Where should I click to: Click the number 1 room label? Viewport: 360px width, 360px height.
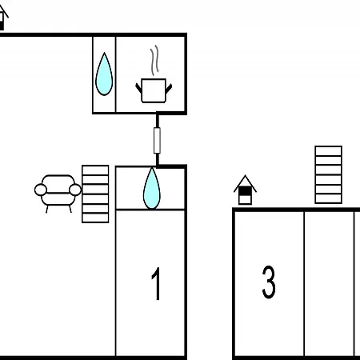click(157, 284)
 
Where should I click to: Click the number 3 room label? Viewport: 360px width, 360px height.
click(269, 282)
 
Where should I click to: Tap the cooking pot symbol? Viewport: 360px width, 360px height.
click(154, 90)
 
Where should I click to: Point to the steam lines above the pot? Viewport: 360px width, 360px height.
click(154, 60)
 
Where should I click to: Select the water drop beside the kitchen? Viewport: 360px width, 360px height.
click(104, 74)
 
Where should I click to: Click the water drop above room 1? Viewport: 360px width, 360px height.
click(152, 188)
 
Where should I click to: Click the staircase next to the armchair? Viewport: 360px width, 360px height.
click(95, 194)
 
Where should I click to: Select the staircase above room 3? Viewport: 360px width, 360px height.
click(328, 174)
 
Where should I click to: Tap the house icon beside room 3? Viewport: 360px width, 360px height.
click(245, 190)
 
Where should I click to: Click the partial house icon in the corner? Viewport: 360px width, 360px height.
click(2, 18)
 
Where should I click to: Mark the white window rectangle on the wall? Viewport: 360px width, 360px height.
click(157, 140)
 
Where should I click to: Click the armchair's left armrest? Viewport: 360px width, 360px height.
click(41, 190)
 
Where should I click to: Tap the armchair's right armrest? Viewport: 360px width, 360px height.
click(75, 190)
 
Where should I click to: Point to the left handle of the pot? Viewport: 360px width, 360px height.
click(138, 88)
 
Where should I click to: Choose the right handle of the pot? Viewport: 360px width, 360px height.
click(169, 88)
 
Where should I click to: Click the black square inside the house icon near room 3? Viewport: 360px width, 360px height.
click(245, 191)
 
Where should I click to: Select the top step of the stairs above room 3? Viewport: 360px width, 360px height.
click(328, 151)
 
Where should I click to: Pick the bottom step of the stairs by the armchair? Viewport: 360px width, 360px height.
click(95, 218)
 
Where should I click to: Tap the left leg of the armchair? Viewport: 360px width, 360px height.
click(47, 209)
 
